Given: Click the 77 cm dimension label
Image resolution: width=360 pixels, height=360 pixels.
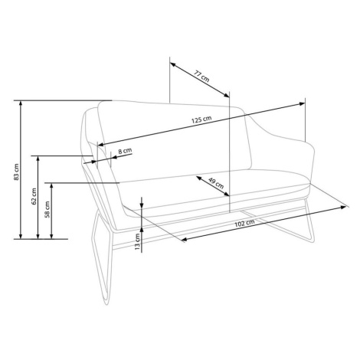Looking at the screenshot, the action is (201, 76).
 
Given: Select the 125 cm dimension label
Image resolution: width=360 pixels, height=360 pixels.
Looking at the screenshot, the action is (201, 119).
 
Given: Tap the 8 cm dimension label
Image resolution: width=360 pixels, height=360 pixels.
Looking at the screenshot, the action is (125, 151).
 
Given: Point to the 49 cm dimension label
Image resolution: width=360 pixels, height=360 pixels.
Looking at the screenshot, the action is (216, 183).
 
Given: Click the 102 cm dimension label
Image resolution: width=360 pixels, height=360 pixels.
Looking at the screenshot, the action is (244, 223).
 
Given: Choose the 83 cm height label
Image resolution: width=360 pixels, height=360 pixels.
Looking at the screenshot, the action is (16, 172).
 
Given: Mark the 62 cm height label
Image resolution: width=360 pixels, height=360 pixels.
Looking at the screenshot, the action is (34, 197).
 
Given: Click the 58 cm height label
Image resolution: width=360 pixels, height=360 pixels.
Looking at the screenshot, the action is (47, 210).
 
